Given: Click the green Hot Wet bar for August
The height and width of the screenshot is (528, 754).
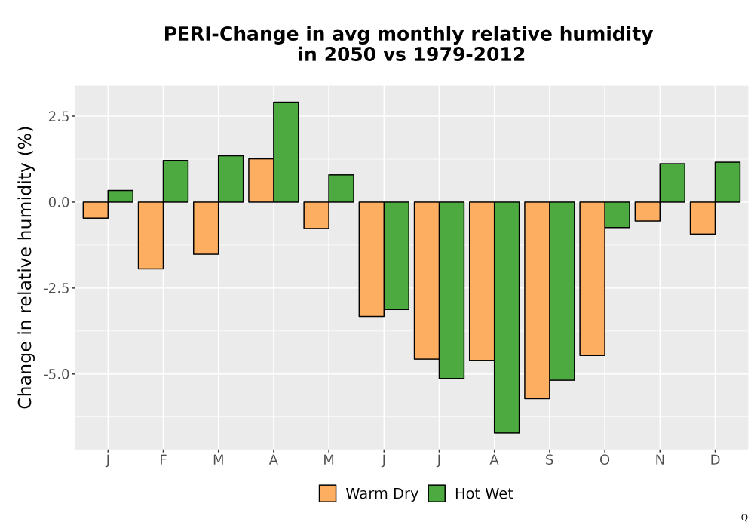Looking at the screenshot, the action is click(507, 318).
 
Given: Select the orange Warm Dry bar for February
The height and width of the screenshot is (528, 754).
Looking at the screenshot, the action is click(151, 235).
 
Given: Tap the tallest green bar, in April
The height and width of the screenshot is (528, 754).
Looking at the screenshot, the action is click(286, 152).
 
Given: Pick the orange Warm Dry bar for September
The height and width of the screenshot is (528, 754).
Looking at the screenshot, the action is click(537, 300).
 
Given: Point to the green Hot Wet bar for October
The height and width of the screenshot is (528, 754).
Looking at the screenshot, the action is click(617, 214).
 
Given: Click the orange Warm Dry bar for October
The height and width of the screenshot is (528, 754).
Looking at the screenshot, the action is click(593, 279).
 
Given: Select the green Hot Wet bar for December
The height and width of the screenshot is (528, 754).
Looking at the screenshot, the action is click(728, 183).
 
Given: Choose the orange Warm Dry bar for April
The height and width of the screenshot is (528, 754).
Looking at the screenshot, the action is click(261, 180).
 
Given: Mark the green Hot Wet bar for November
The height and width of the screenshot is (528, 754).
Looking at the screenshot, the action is click(673, 183).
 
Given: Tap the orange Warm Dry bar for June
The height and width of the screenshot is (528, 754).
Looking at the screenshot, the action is click(372, 259).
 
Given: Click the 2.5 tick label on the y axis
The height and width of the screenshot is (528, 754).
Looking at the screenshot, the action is click(59, 116).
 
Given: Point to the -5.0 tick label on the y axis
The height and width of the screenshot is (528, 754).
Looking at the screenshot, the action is click(56, 374).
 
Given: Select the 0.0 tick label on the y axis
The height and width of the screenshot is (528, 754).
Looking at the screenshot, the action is click(59, 202).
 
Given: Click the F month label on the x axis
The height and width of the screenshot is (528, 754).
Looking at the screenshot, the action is click(163, 460).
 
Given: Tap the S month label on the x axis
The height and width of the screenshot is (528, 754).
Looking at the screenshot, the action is click(549, 460).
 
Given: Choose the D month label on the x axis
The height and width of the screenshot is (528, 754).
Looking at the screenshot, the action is click(715, 460).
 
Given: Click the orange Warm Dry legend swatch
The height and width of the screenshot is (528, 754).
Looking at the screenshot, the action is click(327, 494).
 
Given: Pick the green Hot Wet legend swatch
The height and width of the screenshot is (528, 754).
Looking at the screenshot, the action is click(437, 494).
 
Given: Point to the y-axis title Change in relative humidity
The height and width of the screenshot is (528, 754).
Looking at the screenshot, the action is click(25, 267).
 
